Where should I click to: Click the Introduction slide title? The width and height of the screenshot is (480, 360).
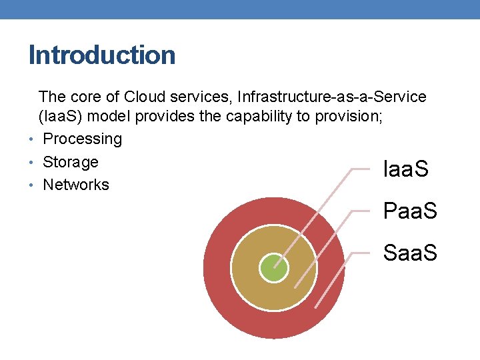[102, 55]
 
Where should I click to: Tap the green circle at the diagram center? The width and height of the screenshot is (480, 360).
[274, 269]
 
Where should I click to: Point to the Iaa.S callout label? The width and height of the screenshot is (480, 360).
[406, 169]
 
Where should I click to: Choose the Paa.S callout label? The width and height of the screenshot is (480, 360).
[410, 211]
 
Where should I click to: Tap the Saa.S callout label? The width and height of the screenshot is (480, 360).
[410, 253]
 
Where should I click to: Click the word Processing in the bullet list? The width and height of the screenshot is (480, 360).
[82, 139]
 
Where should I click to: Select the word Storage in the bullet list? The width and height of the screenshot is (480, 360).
[70, 162]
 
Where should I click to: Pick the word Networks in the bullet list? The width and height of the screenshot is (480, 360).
[75, 185]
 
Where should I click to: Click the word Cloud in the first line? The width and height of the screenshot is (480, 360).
[146, 97]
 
